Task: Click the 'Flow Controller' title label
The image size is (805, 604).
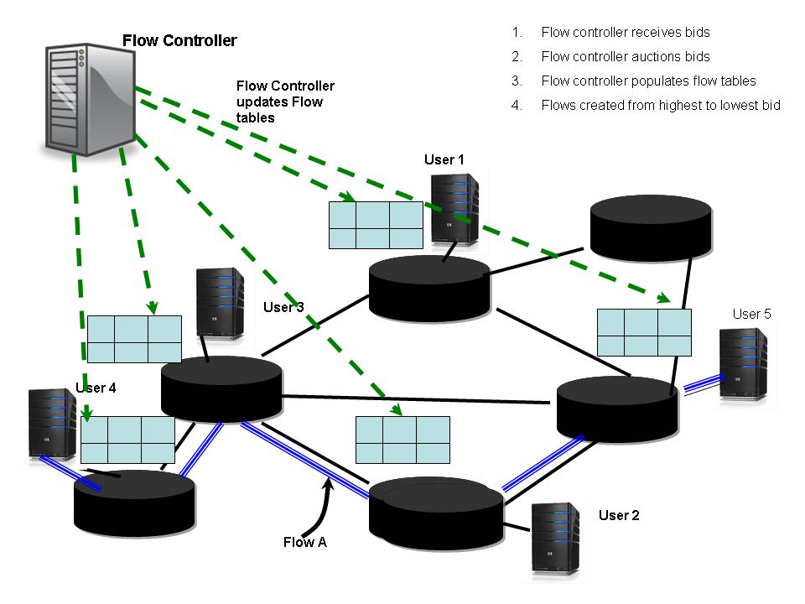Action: (x=179, y=40)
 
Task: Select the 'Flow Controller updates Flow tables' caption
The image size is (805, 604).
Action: (x=285, y=102)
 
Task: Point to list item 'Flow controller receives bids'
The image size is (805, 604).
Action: (x=625, y=33)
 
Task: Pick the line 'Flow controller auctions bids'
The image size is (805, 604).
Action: (x=625, y=57)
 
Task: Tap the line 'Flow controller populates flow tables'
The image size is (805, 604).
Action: (x=648, y=81)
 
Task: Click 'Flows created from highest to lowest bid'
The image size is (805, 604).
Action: (x=661, y=106)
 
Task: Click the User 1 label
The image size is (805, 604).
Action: (x=444, y=159)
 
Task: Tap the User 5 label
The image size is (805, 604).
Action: (x=751, y=314)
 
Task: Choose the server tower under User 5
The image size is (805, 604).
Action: (x=744, y=366)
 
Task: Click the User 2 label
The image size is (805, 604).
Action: (x=619, y=515)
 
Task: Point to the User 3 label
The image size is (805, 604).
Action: (x=283, y=307)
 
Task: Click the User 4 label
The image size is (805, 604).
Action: (x=96, y=388)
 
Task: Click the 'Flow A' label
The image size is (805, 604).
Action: (x=304, y=542)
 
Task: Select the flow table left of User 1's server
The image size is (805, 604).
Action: (x=375, y=225)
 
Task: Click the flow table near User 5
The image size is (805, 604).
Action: (x=644, y=333)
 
